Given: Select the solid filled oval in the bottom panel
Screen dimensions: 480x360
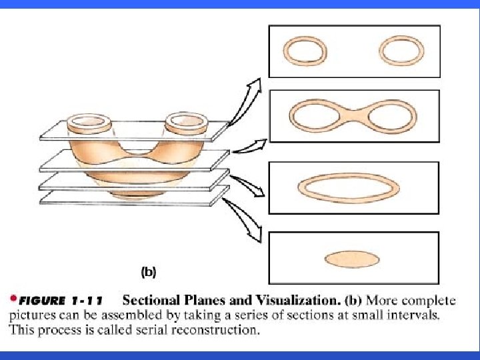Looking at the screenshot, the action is point(352,259).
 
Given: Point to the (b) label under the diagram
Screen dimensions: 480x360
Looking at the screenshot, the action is point(147,271).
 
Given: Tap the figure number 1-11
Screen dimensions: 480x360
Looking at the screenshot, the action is point(90,301).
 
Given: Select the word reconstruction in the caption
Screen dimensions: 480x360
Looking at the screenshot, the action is point(212,330).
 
